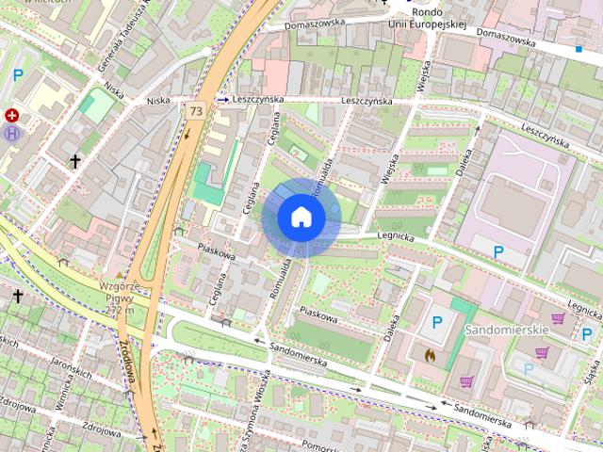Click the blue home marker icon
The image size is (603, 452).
click(301, 218)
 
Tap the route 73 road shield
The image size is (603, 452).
click(195, 110)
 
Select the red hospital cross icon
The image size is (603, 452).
click(12, 116)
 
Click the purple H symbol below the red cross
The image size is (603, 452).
click(12, 134)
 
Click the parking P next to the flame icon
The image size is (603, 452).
click(437, 323)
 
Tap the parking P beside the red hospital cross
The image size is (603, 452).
click(18, 74)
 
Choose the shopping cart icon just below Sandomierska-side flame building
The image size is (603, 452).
click(466, 382)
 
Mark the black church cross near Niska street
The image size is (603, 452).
click(74, 163)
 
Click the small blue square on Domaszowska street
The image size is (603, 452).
click(578, 46)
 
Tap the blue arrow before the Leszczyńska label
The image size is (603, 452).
click(222, 98)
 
